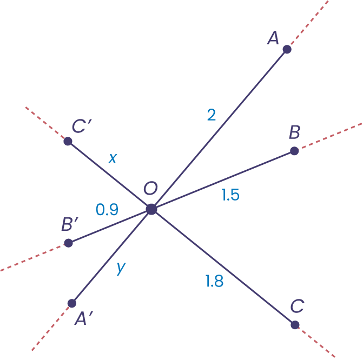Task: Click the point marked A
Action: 287,49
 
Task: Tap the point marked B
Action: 294,151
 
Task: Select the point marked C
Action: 295,325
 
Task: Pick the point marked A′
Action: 72,303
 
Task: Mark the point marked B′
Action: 68,243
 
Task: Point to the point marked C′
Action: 68,142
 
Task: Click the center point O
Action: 151,209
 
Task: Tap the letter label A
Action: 273,38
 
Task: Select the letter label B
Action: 295,131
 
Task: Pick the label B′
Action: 71,224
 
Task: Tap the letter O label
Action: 150,189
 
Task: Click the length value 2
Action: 212,115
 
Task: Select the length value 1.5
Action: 230,195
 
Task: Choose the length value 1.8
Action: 214,281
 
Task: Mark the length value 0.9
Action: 107,210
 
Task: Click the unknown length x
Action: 113,158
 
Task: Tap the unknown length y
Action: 121,269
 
